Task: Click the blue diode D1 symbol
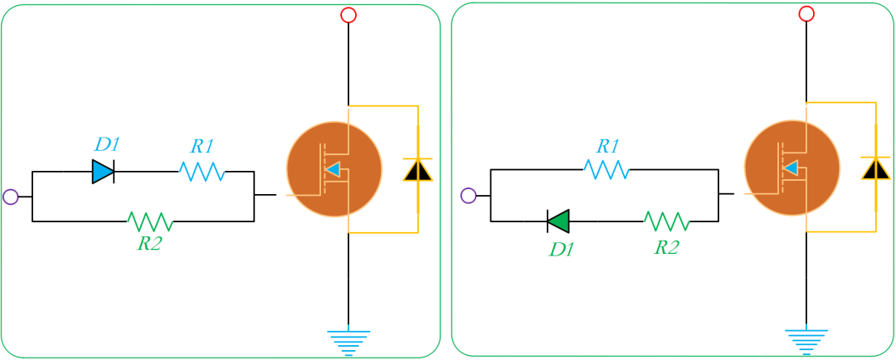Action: pyautogui.click(x=103, y=172)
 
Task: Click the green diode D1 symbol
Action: pyautogui.click(x=558, y=221)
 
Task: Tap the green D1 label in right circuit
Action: pyautogui.click(x=562, y=248)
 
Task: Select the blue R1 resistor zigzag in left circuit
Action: pyautogui.click(x=202, y=172)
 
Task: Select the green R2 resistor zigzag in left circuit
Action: pyautogui.click(x=150, y=221)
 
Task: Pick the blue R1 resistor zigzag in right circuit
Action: pyautogui.click(x=606, y=170)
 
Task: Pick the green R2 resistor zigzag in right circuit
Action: pyautogui.click(x=667, y=221)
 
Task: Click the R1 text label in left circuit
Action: pyautogui.click(x=202, y=147)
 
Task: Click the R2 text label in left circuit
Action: pyautogui.click(x=150, y=245)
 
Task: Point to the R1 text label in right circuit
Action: pyautogui.click(x=608, y=146)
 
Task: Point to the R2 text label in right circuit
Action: pyautogui.click(x=667, y=247)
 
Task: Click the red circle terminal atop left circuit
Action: pyautogui.click(x=348, y=15)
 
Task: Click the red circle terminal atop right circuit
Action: pyautogui.click(x=806, y=13)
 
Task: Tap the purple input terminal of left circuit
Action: pyautogui.click(x=11, y=197)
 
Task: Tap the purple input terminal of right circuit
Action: pyautogui.click(x=468, y=196)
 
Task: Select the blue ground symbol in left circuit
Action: pyautogui.click(x=348, y=340)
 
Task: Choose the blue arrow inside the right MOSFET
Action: pyautogui.click(x=791, y=169)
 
